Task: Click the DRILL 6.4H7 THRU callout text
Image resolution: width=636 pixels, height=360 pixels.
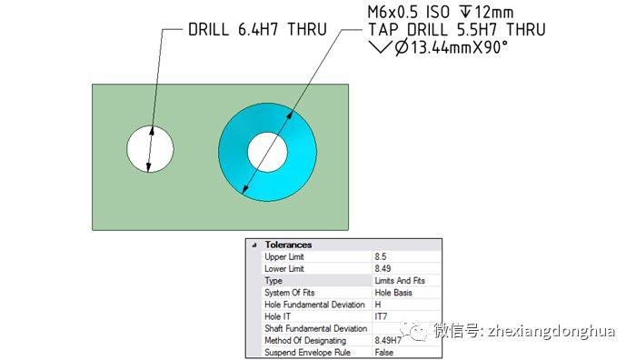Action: click(257, 30)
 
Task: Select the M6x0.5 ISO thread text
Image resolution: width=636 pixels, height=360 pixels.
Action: click(409, 12)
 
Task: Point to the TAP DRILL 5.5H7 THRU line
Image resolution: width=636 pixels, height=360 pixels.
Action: click(457, 30)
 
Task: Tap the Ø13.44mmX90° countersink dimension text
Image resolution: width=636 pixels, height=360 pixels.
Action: click(452, 47)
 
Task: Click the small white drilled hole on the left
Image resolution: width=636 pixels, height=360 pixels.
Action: click(150, 148)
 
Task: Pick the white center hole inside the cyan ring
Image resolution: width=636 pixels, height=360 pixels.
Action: click(267, 152)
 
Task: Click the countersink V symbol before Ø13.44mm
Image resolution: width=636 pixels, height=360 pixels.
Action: click(380, 47)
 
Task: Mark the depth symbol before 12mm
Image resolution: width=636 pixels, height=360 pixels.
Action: click(465, 12)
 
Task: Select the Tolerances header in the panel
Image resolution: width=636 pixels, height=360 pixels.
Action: click(288, 245)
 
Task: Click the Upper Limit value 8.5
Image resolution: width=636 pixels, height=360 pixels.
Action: click(381, 256)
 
